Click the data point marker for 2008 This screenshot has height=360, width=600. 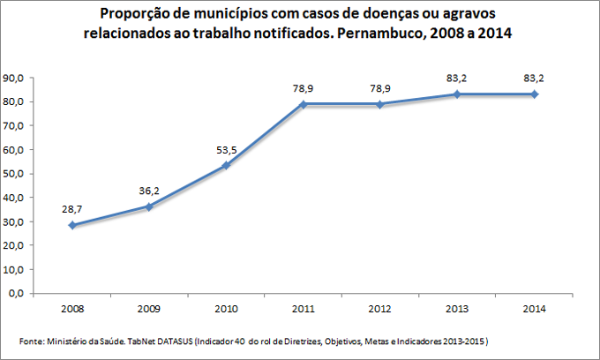[x=72, y=225]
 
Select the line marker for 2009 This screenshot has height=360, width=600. [x=149, y=206]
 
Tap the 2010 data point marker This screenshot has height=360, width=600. [x=227, y=165]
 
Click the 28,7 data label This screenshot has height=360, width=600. [x=72, y=208]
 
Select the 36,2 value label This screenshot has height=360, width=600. [x=149, y=190]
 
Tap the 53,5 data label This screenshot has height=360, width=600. [x=227, y=149]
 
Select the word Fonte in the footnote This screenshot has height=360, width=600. [x=32, y=341]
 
